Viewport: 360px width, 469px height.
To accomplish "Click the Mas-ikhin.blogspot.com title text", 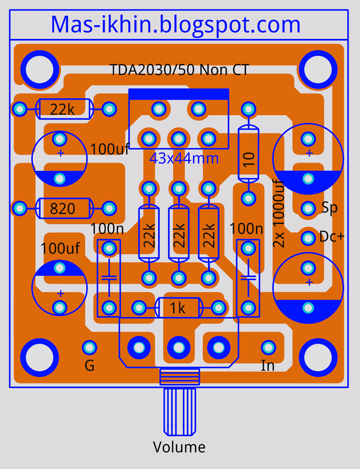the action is (x=175, y=25).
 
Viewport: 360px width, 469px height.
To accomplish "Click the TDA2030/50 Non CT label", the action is (x=180, y=70).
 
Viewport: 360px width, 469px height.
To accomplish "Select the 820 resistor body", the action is (x=65, y=208).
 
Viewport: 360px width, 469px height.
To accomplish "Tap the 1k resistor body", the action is (x=179, y=308).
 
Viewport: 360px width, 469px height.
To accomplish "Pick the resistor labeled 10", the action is (x=249, y=154).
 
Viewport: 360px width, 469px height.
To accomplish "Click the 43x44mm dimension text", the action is (x=184, y=158).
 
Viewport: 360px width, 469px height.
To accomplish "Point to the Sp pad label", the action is (x=329, y=208).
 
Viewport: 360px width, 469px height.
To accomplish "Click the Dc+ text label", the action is (x=332, y=237).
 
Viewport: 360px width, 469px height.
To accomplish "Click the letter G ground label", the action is (x=89, y=366).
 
